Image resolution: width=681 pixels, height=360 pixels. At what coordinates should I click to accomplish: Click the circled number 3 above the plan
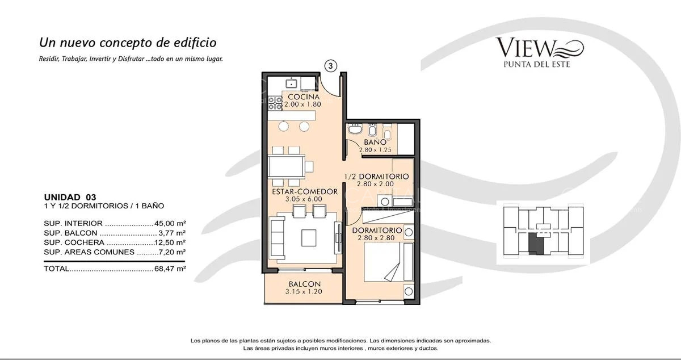(331, 66)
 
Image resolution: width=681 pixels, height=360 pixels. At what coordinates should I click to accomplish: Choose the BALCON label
(304, 284)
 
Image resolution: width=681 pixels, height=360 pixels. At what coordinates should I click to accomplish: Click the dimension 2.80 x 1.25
(375, 150)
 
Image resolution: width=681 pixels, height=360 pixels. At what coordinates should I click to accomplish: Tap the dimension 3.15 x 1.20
(304, 292)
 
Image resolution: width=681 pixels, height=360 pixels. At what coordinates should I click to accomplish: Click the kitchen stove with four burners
(275, 103)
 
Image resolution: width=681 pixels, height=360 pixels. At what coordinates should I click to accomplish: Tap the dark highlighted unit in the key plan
(536, 244)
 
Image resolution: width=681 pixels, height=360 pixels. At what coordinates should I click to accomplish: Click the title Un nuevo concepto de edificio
(128, 43)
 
